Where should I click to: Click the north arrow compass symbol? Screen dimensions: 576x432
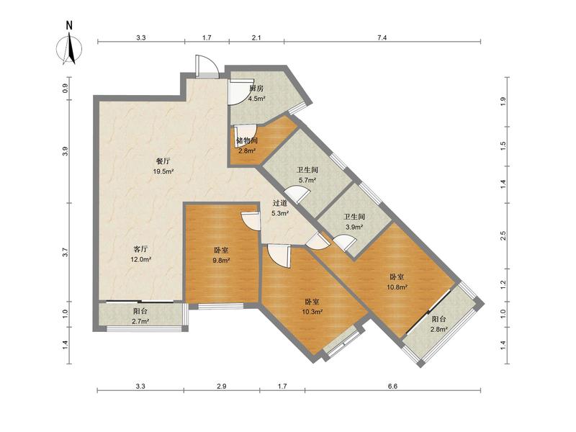coord(69,44)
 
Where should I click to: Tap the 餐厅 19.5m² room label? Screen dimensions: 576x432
coord(164,166)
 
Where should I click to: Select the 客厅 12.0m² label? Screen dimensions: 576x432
coord(140,254)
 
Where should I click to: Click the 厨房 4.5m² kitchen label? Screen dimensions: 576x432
coord(257,94)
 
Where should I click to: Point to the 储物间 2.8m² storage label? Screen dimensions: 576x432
coord(247,145)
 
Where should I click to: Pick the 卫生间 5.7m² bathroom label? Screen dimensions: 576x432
coord(307,175)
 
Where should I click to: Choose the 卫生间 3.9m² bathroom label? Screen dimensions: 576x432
coord(354,222)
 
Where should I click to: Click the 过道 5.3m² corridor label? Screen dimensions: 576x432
coord(280,208)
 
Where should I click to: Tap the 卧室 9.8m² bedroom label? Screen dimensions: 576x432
coord(221,256)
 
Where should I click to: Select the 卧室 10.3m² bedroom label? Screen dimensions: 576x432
coord(312,307)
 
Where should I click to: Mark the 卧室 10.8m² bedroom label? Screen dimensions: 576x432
coord(397,282)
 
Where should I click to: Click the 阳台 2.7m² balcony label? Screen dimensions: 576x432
coord(140,316)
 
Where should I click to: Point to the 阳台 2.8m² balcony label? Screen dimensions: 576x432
coord(438,324)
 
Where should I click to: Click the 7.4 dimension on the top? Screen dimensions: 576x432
coord(382,37)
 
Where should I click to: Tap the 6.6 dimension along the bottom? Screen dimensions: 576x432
coord(392,386)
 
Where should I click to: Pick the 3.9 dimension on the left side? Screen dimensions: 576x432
coord(66,151)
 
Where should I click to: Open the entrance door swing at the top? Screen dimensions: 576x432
coord(207,66)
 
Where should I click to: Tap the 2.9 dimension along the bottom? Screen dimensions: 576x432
coord(222,386)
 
